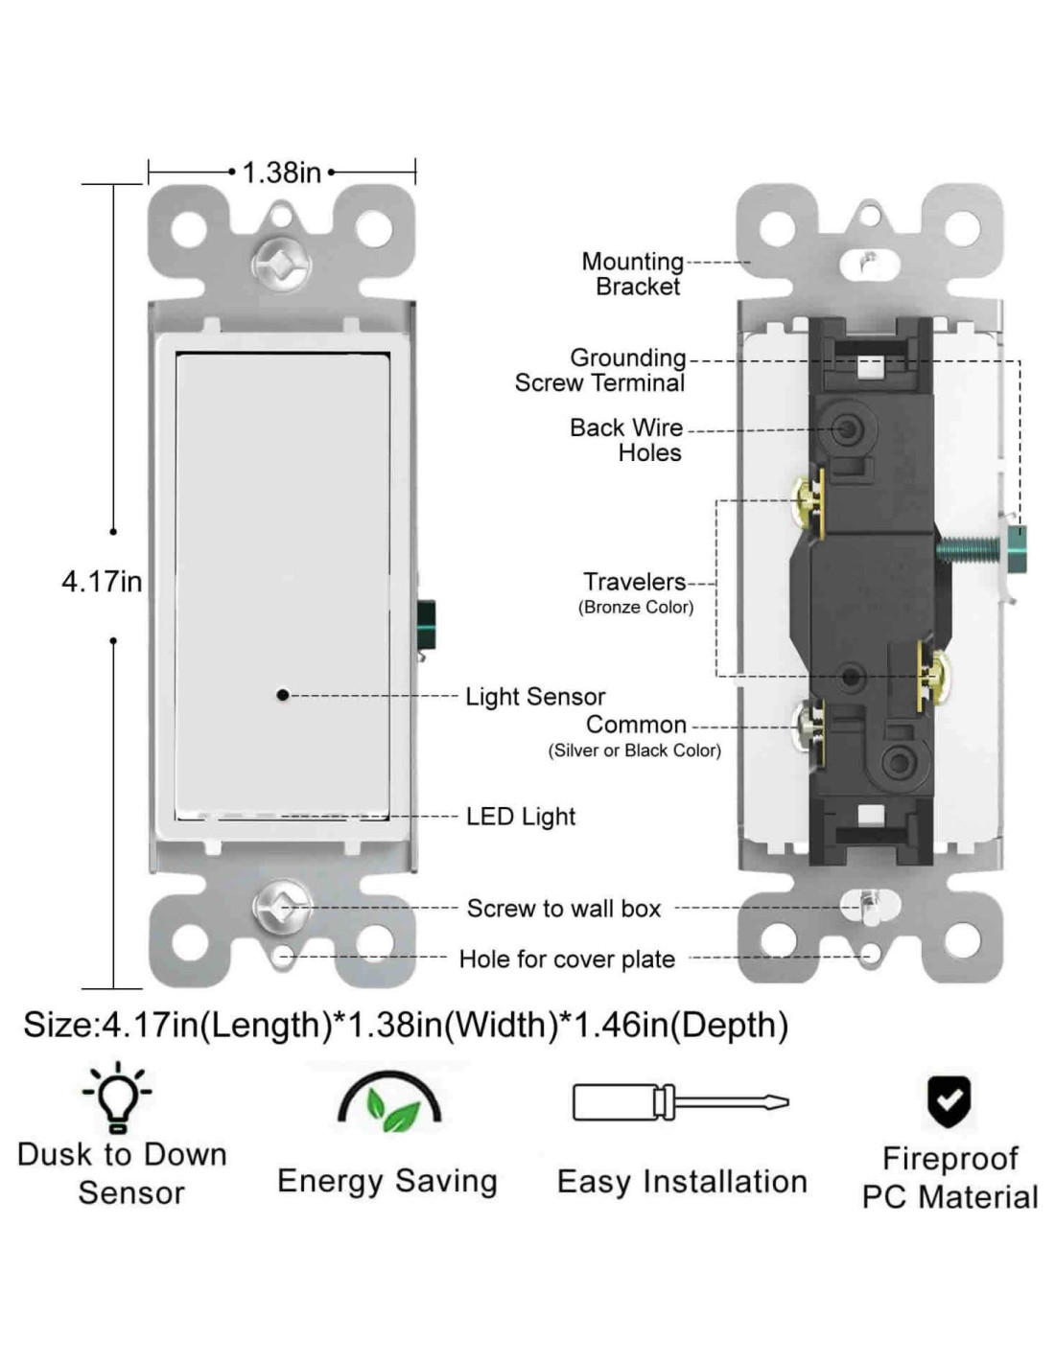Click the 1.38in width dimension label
pos(281,173)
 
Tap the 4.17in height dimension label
pos(102,581)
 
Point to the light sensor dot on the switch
pos(282,695)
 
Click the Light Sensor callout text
pos(535,697)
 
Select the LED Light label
pos(521,817)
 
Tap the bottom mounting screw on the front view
pos(281,907)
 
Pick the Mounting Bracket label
pos(633,274)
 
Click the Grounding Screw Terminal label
pos(601,370)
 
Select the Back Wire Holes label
pos(627,440)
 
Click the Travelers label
pos(634,582)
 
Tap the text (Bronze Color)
pos(635,607)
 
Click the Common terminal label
pos(636,725)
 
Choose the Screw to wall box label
pos(564,909)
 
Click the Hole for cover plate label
pos(567,959)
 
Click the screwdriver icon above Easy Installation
pos(680,1102)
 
